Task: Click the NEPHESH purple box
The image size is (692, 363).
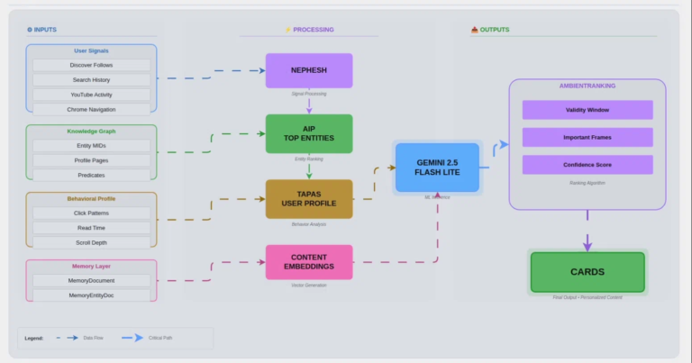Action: click(x=309, y=70)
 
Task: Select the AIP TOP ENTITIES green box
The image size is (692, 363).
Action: click(x=309, y=133)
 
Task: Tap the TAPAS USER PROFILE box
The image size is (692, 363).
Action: click(x=309, y=198)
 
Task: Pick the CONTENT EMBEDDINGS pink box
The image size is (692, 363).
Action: click(x=309, y=261)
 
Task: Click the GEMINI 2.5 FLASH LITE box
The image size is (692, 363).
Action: click(x=437, y=167)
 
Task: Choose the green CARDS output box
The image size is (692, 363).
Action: click(x=587, y=271)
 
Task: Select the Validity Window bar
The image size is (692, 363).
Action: click(x=587, y=110)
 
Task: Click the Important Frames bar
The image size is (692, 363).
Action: click(x=587, y=137)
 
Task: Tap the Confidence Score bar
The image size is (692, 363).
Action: click(x=587, y=165)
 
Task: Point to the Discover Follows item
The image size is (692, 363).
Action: click(x=92, y=65)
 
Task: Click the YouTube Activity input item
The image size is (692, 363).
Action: click(x=92, y=95)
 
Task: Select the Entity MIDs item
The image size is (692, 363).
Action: click(x=92, y=145)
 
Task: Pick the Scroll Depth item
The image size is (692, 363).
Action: click(x=92, y=242)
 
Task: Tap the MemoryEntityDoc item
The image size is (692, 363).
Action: click(x=92, y=295)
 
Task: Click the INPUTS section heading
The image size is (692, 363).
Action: click(x=41, y=30)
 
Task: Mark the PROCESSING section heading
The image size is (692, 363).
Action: click(x=309, y=30)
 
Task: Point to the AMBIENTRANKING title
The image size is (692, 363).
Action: click(x=587, y=86)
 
